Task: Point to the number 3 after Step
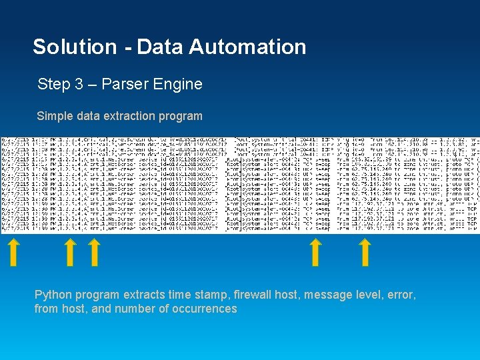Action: pos(73,85)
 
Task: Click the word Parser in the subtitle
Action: pos(124,85)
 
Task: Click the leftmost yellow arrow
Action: pos(13,253)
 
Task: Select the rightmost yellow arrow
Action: pos(365,253)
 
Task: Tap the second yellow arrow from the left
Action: pos(69,253)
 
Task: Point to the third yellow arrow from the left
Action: pos(94,253)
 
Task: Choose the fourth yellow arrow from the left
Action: pos(315,253)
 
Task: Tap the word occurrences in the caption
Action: pos(203,309)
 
